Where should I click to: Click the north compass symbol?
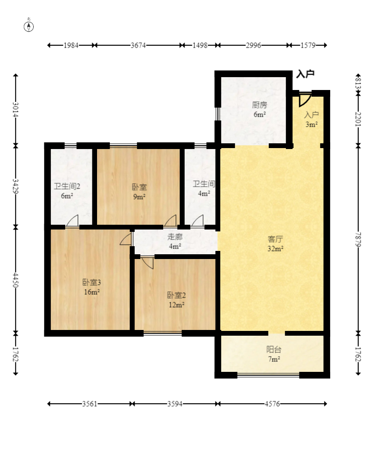click(x=29, y=26)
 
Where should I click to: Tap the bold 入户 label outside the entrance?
click(x=305, y=74)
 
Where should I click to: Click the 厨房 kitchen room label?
click(x=259, y=105)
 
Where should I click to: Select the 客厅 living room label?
click(x=276, y=239)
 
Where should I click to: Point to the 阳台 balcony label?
click(x=274, y=349)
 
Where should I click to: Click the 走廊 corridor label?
click(x=175, y=237)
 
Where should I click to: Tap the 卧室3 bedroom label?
click(x=91, y=283)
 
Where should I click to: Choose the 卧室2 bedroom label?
click(x=176, y=295)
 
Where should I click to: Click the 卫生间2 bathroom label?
click(x=67, y=187)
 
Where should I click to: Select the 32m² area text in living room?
click(x=276, y=249)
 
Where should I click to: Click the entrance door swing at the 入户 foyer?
click(x=305, y=100)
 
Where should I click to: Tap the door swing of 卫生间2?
click(x=72, y=221)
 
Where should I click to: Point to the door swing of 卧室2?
click(x=148, y=263)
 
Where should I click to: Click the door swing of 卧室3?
click(x=126, y=239)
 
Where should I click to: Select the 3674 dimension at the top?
click(x=138, y=45)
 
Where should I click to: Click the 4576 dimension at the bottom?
click(x=272, y=404)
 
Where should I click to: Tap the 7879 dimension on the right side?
click(x=358, y=239)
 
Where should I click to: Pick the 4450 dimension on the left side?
click(x=16, y=280)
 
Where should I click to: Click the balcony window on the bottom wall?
click(x=268, y=375)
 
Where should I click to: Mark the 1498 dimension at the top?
click(x=200, y=45)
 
